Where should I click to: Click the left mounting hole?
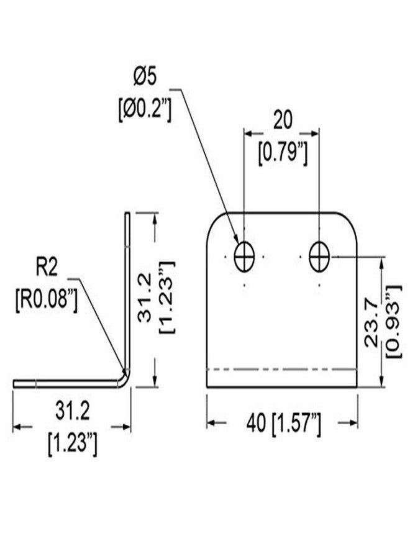[245, 257]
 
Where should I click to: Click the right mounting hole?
[319, 257]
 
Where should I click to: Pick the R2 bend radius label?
[47, 268]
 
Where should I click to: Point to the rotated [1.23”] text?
[167, 298]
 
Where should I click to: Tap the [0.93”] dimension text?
[394, 322]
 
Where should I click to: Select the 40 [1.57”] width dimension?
[283, 423]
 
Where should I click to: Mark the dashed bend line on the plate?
[281, 370]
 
